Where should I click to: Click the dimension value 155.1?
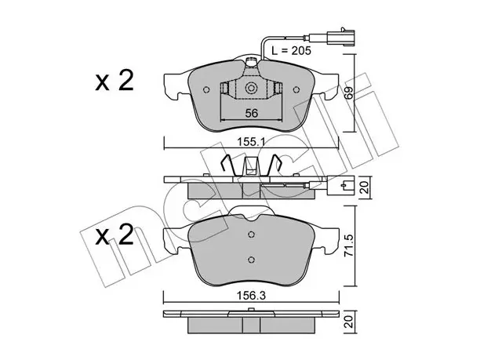(251, 142)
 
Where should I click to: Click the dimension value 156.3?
(251, 296)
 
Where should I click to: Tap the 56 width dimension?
(251, 113)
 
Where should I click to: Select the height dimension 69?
(348, 93)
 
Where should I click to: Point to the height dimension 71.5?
(349, 245)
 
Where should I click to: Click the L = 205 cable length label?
(291, 50)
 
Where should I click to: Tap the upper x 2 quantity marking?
(115, 80)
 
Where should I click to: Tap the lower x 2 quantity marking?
(115, 235)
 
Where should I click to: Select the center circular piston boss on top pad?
(251, 89)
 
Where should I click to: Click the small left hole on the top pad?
(206, 89)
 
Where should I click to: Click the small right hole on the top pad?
(296, 89)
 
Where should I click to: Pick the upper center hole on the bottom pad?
(251, 235)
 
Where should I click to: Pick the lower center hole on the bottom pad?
(251, 260)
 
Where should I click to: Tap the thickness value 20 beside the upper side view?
(364, 187)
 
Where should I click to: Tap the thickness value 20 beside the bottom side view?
(349, 322)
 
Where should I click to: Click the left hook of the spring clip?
(227, 165)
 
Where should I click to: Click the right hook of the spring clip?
(275, 165)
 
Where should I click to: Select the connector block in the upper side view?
(340, 185)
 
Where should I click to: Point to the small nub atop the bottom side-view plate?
(251, 310)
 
